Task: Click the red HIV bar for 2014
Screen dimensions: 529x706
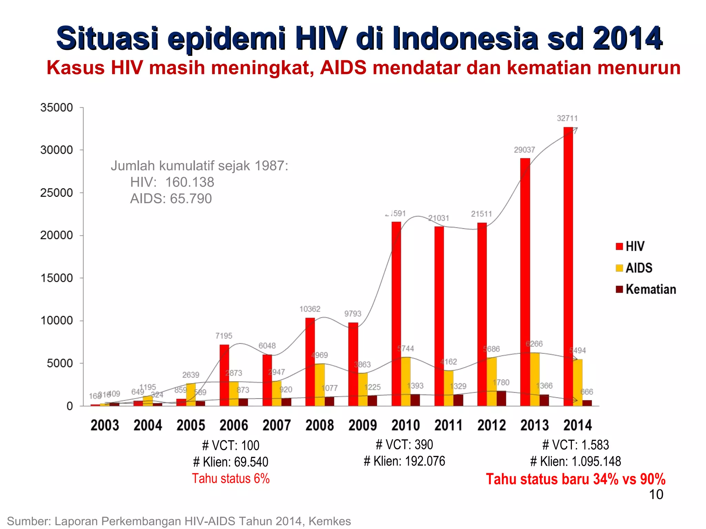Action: pyautogui.click(x=568, y=269)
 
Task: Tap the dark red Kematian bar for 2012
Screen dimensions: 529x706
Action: pyautogui.click(x=501, y=398)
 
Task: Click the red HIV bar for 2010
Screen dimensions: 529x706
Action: pyautogui.click(x=396, y=313)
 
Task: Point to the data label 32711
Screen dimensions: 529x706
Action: pyautogui.click(x=567, y=118)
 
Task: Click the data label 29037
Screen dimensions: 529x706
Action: pyautogui.click(x=524, y=150)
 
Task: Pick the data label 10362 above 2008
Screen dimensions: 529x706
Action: pyautogui.click(x=310, y=309)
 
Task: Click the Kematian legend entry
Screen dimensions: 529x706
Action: pyautogui.click(x=646, y=289)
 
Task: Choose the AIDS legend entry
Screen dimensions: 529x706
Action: pyautogui.click(x=634, y=268)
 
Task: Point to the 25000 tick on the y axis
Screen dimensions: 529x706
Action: pyautogui.click(x=57, y=193)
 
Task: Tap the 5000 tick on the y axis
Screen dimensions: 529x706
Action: pyautogui.click(x=60, y=363)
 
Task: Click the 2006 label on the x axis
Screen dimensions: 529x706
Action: pyautogui.click(x=234, y=425)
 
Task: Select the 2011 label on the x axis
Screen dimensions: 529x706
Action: pyautogui.click(x=448, y=425)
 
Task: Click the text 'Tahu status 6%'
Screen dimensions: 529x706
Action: pyautogui.click(x=231, y=479)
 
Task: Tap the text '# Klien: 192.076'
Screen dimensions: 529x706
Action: pyautogui.click(x=404, y=461)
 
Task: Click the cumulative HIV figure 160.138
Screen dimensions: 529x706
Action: pyautogui.click(x=190, y=182)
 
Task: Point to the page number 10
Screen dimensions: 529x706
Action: pyautogui.click(x=656, y=495)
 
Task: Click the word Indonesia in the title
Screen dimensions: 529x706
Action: pyautogui.click(x=466, y=38)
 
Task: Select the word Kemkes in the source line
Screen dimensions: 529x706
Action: pyautogui.click(x=330, y=521)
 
